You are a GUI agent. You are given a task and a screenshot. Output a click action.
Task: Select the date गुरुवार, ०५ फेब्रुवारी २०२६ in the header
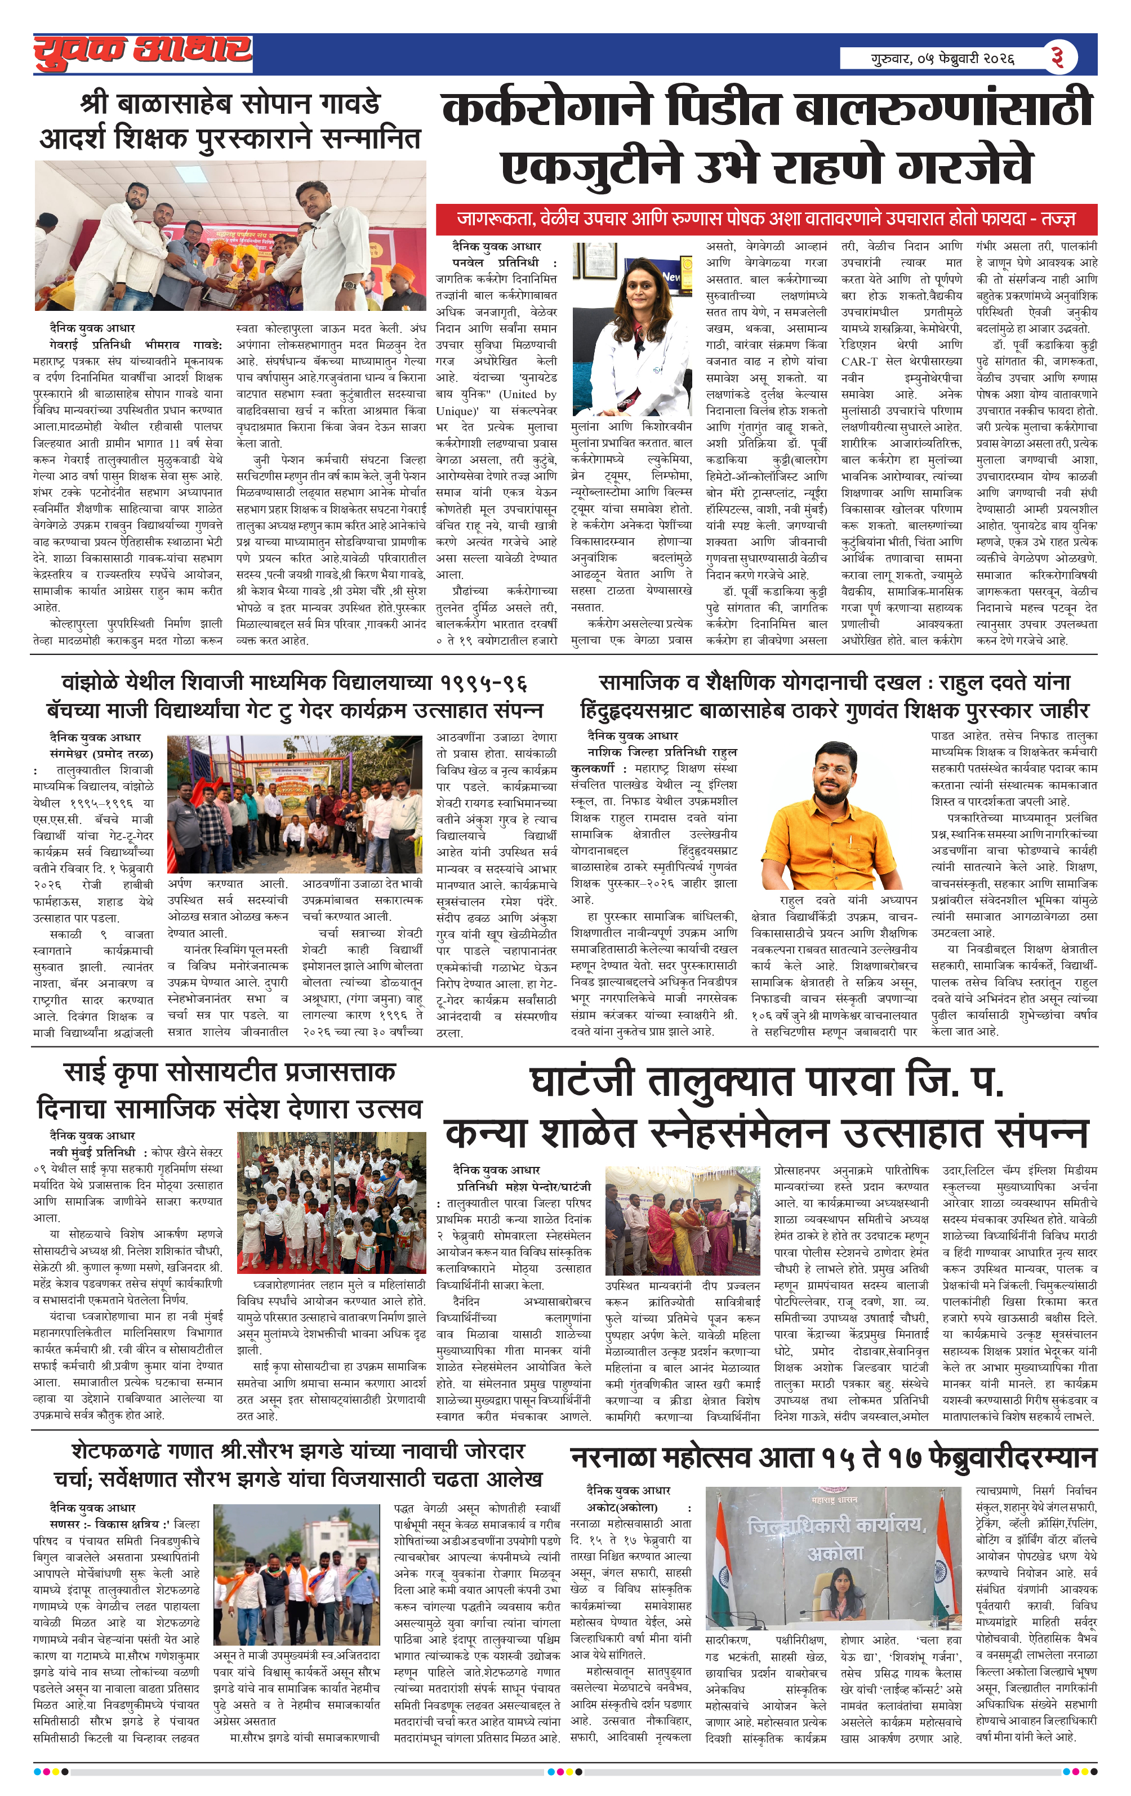[943, 57]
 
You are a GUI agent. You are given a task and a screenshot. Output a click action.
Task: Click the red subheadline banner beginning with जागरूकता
[766, 219]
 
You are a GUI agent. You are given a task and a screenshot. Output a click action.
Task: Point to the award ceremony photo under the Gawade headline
[230, 237]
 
